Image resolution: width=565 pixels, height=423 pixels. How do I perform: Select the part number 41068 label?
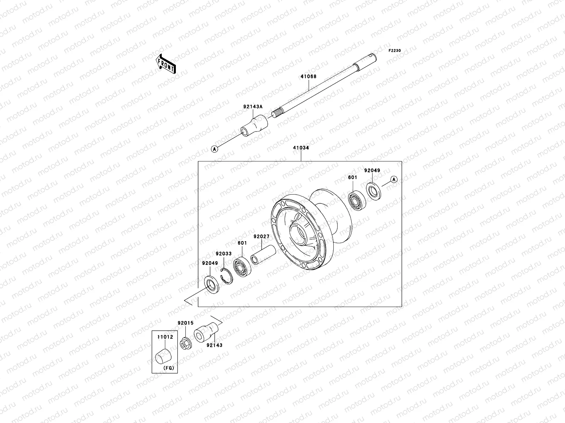[309, 76]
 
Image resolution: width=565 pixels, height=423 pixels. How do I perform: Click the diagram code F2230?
[395, 51]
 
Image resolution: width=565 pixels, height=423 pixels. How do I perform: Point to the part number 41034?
[301, 148]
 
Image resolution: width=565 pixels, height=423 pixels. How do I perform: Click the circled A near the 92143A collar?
[214, 149]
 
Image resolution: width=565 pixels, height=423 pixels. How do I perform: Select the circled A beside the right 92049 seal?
[394, 179]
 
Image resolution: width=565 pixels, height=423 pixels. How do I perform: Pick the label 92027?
[261, 237]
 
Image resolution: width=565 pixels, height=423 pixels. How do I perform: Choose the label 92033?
[224, 253]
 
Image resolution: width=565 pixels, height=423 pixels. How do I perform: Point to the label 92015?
[185, 323]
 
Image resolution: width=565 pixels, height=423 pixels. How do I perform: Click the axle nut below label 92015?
[184, 343]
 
